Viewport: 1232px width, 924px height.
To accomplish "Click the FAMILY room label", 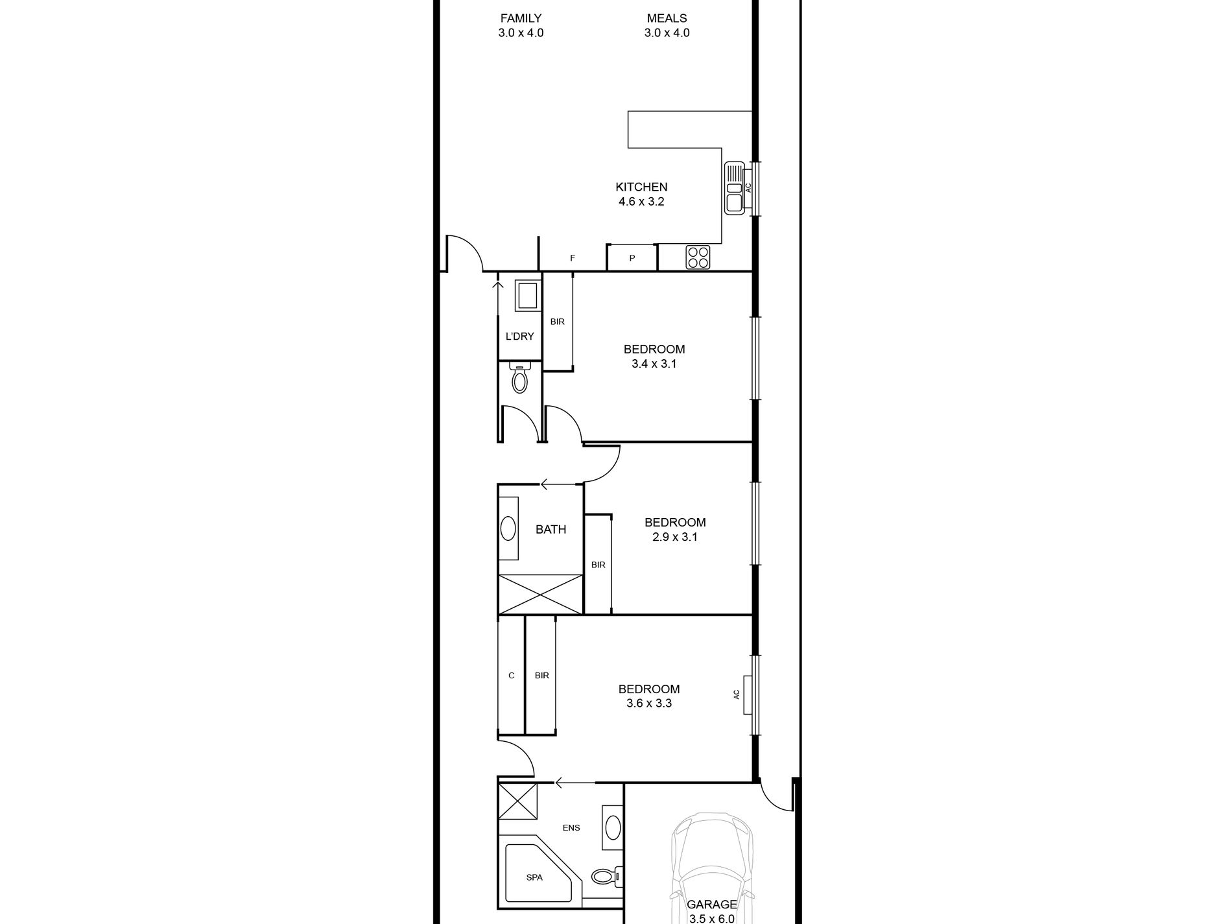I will click(521, 18).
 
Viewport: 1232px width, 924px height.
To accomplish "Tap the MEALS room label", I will click(667, 18).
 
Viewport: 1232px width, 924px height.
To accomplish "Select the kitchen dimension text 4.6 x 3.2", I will click(641, 202).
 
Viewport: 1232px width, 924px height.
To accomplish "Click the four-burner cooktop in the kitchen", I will click(698, 257).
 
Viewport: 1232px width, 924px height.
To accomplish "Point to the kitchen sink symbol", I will click(735, 188).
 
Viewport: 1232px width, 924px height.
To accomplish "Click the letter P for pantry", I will click(632, 258).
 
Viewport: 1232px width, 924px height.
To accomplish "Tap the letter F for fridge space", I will click(573, 258).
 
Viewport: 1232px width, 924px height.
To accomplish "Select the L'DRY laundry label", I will click(519, 336).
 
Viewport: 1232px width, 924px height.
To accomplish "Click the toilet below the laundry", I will click(519, 379).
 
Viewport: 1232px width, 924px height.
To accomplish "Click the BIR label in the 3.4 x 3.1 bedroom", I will click(558, 322).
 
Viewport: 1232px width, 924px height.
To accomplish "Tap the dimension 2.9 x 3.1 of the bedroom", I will click(675, 537).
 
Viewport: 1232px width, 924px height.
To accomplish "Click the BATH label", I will click(551, 530).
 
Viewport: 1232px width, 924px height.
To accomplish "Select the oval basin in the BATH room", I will click(508, 528).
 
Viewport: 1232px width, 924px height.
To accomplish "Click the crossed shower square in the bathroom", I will click(540, 593).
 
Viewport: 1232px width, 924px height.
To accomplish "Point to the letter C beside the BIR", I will click(511, 676).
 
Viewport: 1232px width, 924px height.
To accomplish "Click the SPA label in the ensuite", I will click(534, 877).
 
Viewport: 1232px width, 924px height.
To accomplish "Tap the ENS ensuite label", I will click(571, 827).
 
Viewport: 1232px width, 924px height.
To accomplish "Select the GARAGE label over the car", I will click(712, 905).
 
